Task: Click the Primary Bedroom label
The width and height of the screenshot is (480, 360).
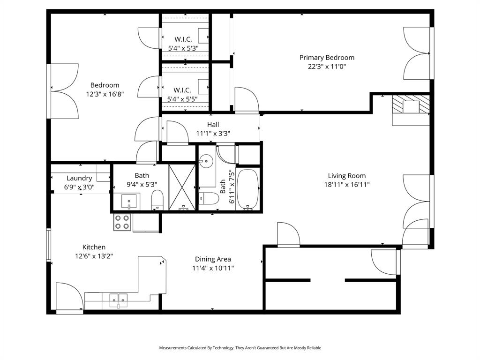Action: [327, 58]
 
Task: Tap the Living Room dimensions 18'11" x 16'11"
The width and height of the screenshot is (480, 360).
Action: [346, 185]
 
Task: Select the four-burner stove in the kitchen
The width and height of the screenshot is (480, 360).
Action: [122, 222]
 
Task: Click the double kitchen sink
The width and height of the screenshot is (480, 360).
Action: [118, 298]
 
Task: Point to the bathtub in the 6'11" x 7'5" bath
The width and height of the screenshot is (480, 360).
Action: [247, 189]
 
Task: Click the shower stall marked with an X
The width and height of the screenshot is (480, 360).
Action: [181, 187]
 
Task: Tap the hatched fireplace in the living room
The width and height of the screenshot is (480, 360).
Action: [411, 106]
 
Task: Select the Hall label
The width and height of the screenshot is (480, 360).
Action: [213, 125]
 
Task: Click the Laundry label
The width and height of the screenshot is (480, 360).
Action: [79, 178]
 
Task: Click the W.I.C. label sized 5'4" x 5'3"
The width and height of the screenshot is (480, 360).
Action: [183, 39]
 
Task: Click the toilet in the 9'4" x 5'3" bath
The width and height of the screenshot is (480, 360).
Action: [157, 201]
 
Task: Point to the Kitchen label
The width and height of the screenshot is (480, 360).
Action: [94, 247]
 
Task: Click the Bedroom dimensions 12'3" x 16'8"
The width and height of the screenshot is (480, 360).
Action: [105, 94]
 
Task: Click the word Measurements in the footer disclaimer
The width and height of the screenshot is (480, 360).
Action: [173, 348]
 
